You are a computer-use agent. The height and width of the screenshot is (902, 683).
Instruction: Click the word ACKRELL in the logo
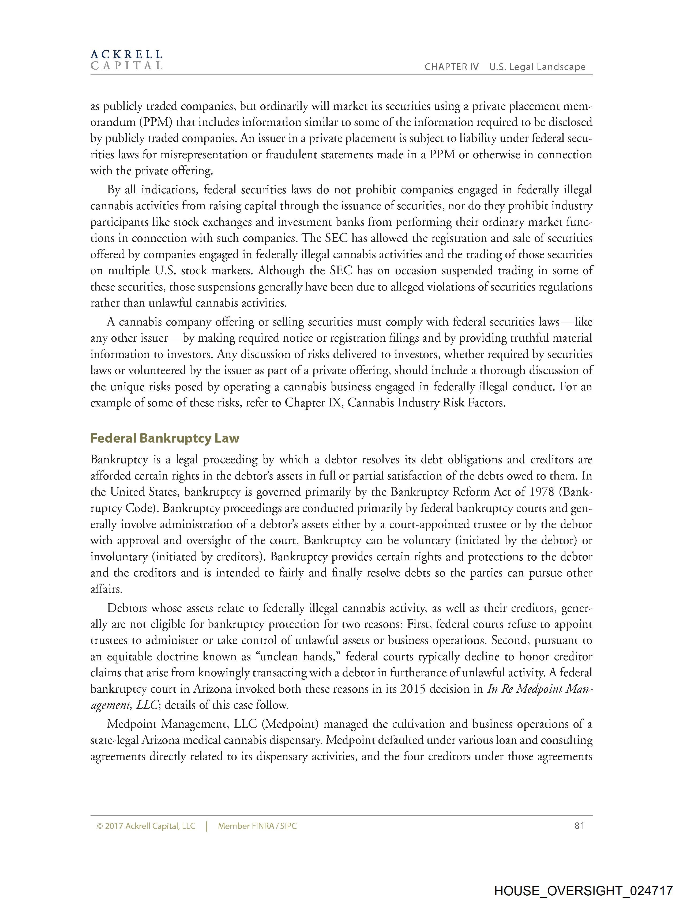(x=126, y=54)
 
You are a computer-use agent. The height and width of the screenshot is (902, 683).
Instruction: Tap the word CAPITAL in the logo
(x=126, y=66)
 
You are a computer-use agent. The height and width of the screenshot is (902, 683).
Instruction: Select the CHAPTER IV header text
(x=451, y=67)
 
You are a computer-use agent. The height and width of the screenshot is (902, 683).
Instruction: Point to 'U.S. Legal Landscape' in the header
(x=537, y=67)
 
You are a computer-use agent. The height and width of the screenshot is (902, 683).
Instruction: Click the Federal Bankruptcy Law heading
(x=164, y=438)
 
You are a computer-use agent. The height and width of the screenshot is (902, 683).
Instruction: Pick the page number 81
(x=579, y=826)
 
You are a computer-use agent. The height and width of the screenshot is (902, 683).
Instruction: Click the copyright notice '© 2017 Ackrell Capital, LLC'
(x=146, y=826)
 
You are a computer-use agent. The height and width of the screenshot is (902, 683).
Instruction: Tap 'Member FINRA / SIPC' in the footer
(x=257, y=826)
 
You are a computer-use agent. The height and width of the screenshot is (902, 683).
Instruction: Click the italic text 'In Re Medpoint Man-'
(x=540, y=689)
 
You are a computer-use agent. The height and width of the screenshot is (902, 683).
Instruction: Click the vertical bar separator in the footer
(x=207, y=826)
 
